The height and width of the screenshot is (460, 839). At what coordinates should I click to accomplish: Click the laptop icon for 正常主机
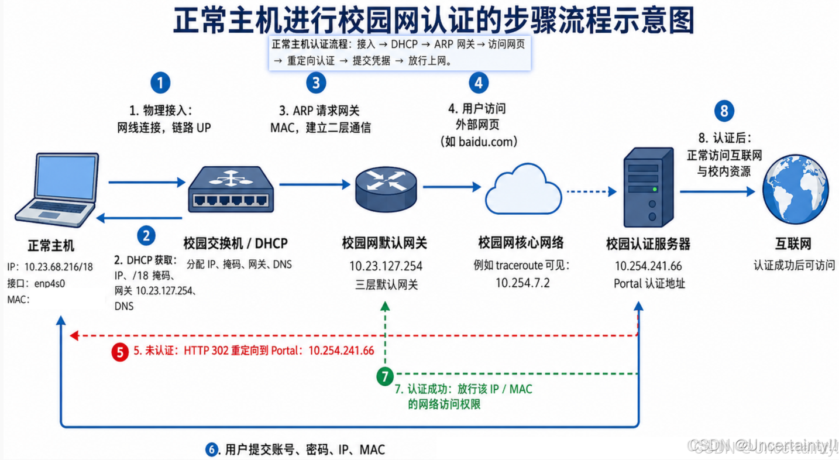coord(57,190)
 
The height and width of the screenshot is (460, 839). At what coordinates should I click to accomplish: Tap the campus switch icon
coord(231,190)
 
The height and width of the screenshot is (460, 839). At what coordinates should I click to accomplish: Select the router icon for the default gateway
coord(386,190)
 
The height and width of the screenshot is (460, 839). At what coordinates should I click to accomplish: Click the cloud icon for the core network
coord(523,189)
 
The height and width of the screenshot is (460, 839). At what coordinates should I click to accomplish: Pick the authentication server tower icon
coord(648,187)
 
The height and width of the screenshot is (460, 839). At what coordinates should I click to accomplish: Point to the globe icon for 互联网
coord(795,189)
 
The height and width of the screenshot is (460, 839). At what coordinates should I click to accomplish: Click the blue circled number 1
coord(160,83)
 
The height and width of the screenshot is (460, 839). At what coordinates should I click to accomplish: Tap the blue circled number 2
coord(146,236)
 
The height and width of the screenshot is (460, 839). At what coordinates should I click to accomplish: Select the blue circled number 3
coord(316,83)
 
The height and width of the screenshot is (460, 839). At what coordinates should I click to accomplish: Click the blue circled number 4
coord(479,83)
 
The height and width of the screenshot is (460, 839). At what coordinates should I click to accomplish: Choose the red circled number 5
coord(120,352)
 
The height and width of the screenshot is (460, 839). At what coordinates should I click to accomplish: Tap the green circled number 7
coord(385,376)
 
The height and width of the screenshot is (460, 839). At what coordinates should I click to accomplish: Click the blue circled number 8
coord(724,111)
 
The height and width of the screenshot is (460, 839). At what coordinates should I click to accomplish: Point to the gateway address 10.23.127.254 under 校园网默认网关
coord(386,266)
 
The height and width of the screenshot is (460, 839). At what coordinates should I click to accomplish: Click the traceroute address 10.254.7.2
coord(523,283)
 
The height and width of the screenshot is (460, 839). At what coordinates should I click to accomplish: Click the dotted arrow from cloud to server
coord(592,192)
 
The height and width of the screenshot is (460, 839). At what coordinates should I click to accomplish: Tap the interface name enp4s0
coord(50,284)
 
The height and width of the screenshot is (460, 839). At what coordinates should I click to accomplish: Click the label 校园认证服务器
coord(648,244)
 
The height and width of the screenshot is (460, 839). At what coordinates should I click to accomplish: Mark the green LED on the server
coord(655,189)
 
